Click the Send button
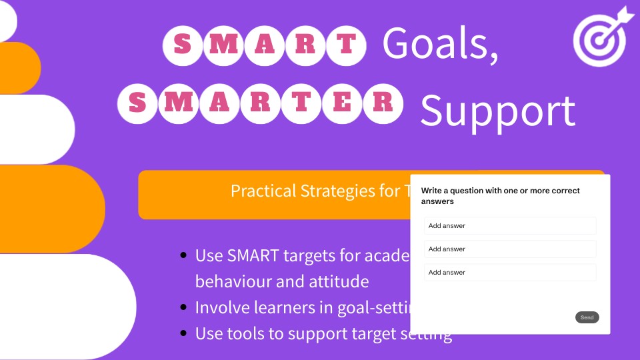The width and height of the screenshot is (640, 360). point(587,317)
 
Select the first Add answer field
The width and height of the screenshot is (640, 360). point(510,226)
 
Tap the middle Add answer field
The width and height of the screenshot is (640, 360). point(510,249)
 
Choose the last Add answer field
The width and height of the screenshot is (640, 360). point(510,273)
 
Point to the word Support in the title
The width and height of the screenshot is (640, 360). point(497,110)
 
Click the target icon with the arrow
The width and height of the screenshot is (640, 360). point(601,37)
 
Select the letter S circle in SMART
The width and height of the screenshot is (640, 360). point(181,45)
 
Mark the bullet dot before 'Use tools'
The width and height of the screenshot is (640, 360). point(183,333)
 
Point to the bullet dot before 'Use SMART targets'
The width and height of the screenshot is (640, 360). point(183,255)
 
